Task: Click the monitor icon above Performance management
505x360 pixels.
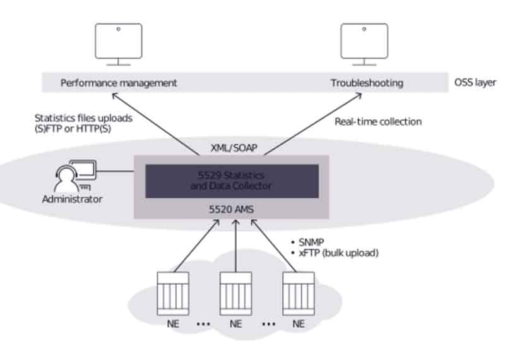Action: click(x=119, y=44)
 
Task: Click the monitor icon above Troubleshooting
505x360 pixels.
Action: click(x=364, y=44)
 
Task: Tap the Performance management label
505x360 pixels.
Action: click(x=119, y=83)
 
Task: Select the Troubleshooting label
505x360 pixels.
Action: click(x=367, y=83)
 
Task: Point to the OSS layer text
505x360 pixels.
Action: click(x=475, y=83)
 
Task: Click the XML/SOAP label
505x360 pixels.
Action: click(x=234, y=148)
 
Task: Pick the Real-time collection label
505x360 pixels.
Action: click(x=378, y=121)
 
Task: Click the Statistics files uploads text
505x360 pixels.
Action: click(x=83, y=118)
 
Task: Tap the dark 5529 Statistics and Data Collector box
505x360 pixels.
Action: click(x=232, y=181)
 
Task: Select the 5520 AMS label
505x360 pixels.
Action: click(x=231, y=210)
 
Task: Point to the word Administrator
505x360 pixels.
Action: click(x=72, y=199)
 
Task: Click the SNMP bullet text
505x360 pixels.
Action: click(x=308, y=243)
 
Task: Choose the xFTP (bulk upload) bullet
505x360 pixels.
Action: click(x=335, y=253)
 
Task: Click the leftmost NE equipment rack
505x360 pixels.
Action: click(x=173, y=294)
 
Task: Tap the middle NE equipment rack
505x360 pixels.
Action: click(x=235, y=294)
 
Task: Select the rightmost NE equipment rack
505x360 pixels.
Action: click(x=299, y=294)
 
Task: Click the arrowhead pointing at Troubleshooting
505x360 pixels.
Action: click(x=359, y=96)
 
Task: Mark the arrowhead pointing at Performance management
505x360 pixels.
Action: click(x=114, y=96)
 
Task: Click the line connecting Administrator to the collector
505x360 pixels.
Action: click(x=115, y=171)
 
